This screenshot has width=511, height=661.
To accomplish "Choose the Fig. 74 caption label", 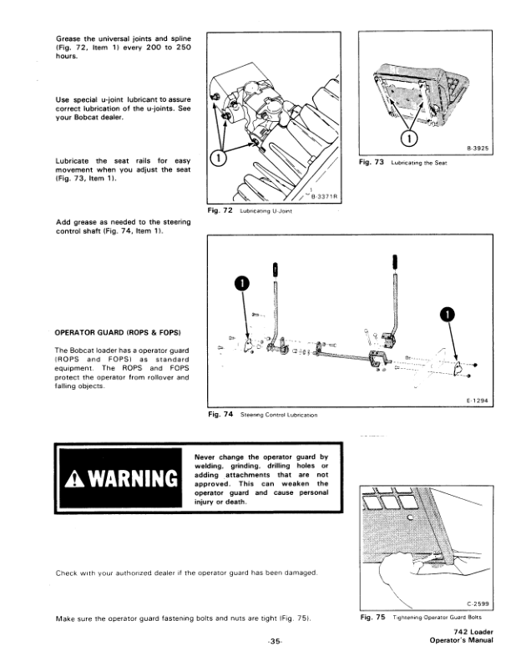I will (x=219, y=414).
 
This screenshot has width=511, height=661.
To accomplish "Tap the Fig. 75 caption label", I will (x=371, y=617).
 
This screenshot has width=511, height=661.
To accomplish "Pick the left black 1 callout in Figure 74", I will (x=243, y=285).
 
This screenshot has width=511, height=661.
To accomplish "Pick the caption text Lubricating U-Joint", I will (x=265, y=211).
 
